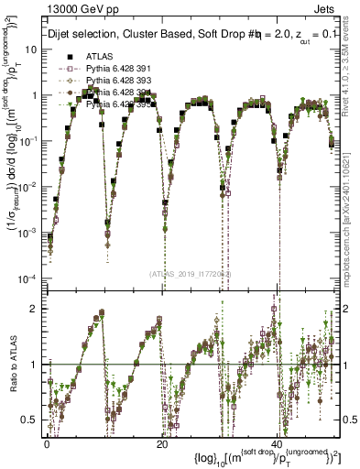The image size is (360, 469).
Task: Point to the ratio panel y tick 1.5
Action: coord(30,336)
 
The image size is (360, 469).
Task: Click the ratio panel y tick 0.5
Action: coord(30,420)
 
